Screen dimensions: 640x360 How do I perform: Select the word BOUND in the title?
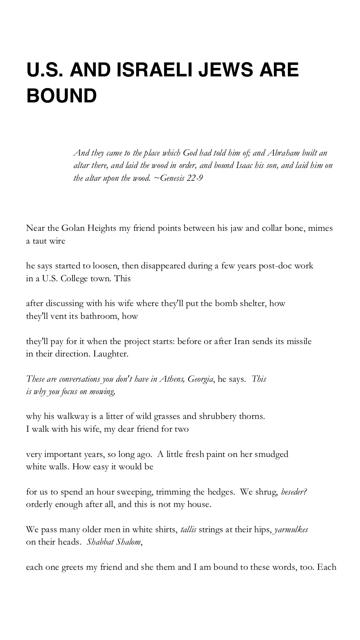coord(61,95)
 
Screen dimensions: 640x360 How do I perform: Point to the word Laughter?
coord(111,354)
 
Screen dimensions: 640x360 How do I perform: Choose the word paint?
coord(215,454)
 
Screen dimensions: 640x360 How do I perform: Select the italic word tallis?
coord(189,529)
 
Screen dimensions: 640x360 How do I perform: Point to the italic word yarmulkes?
coord(291,529)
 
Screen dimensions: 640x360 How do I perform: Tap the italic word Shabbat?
coord(99,542)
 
